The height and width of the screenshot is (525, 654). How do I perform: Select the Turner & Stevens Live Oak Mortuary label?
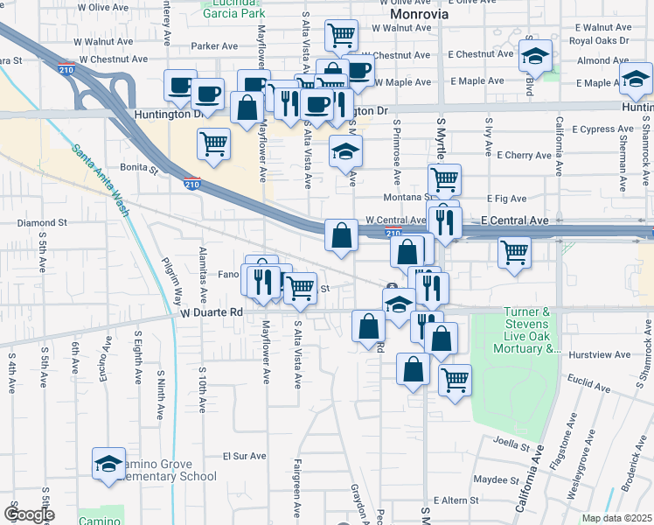point(528,330)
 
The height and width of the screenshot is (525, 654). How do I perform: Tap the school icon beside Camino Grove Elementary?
point(108,464)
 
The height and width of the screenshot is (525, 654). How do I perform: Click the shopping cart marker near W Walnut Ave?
point(341,36)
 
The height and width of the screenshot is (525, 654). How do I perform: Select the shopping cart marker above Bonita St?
point(213,143)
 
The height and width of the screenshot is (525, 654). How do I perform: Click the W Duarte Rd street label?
point(213,311)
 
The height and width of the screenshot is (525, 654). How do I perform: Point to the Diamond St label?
point(42,223)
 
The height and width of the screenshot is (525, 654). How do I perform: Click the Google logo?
point(29,514)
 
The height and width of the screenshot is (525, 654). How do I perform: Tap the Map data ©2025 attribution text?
point(616,518)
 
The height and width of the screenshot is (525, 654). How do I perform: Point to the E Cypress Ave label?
point(608,129)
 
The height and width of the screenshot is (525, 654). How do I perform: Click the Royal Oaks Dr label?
point(599,40)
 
